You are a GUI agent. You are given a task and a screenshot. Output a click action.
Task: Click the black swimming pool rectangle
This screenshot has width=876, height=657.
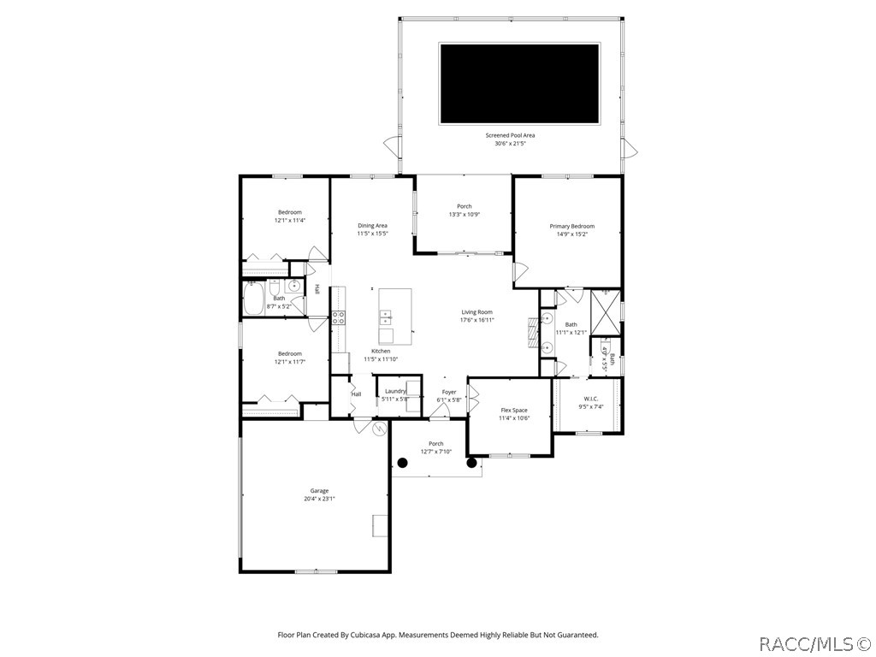(x=519, y=84)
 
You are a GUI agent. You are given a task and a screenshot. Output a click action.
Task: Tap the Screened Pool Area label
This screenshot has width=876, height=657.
(x=510, y=135)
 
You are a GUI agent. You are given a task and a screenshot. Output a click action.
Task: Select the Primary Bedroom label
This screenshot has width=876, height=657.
(x=571, y=226)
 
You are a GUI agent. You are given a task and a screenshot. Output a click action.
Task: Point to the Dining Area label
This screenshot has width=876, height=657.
(x=372, y=226)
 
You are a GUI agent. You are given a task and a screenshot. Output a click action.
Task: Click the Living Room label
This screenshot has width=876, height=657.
(x=477, y=312)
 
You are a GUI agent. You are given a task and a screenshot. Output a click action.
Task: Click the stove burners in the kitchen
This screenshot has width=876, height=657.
(x=338, y=317)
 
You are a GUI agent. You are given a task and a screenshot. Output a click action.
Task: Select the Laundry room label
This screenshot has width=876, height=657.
(x=395, y=391)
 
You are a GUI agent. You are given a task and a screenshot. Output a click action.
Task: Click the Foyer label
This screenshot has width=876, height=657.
(x=449, y=392)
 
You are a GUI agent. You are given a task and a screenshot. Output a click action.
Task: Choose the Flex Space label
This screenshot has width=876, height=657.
(x=514, y=411)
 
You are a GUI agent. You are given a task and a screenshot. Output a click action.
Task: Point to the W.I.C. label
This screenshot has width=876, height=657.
(x=591, y=399)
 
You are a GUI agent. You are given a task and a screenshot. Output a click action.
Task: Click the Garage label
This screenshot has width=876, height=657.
(x=319, y=491)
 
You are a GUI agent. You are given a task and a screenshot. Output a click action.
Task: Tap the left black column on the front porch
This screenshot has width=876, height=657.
(x=402, y=463)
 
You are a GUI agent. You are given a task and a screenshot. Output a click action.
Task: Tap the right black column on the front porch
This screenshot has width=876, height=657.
(x=471, y=463)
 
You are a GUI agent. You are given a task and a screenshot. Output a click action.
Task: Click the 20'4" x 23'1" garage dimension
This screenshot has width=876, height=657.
(x=319, y=499)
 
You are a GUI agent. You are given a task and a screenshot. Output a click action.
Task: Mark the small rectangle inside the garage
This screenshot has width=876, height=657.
(x=380, y=525)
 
